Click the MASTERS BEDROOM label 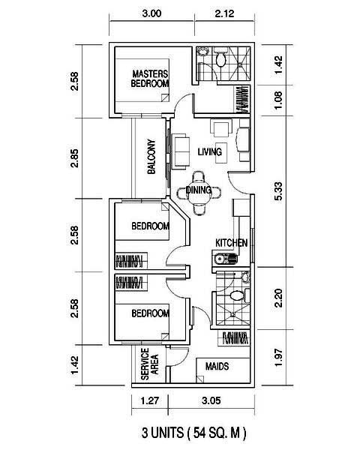(150, 78)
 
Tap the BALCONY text (151, 157)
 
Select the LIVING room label (210, 151)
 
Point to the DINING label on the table (199, 190)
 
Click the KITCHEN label (232, 243)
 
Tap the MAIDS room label (217, 366)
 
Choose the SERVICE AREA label (149, 364)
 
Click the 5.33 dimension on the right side (278, 190)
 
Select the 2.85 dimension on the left (75, 158)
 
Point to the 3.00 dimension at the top (151, 13)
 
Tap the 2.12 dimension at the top (224, 13)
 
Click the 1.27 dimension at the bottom (150, 400)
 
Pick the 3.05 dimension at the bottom (211, 400)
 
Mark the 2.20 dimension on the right (278, 298)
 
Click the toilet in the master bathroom (220, 58)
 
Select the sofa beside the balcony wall (180, 151)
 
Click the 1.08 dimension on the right (278, 100)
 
